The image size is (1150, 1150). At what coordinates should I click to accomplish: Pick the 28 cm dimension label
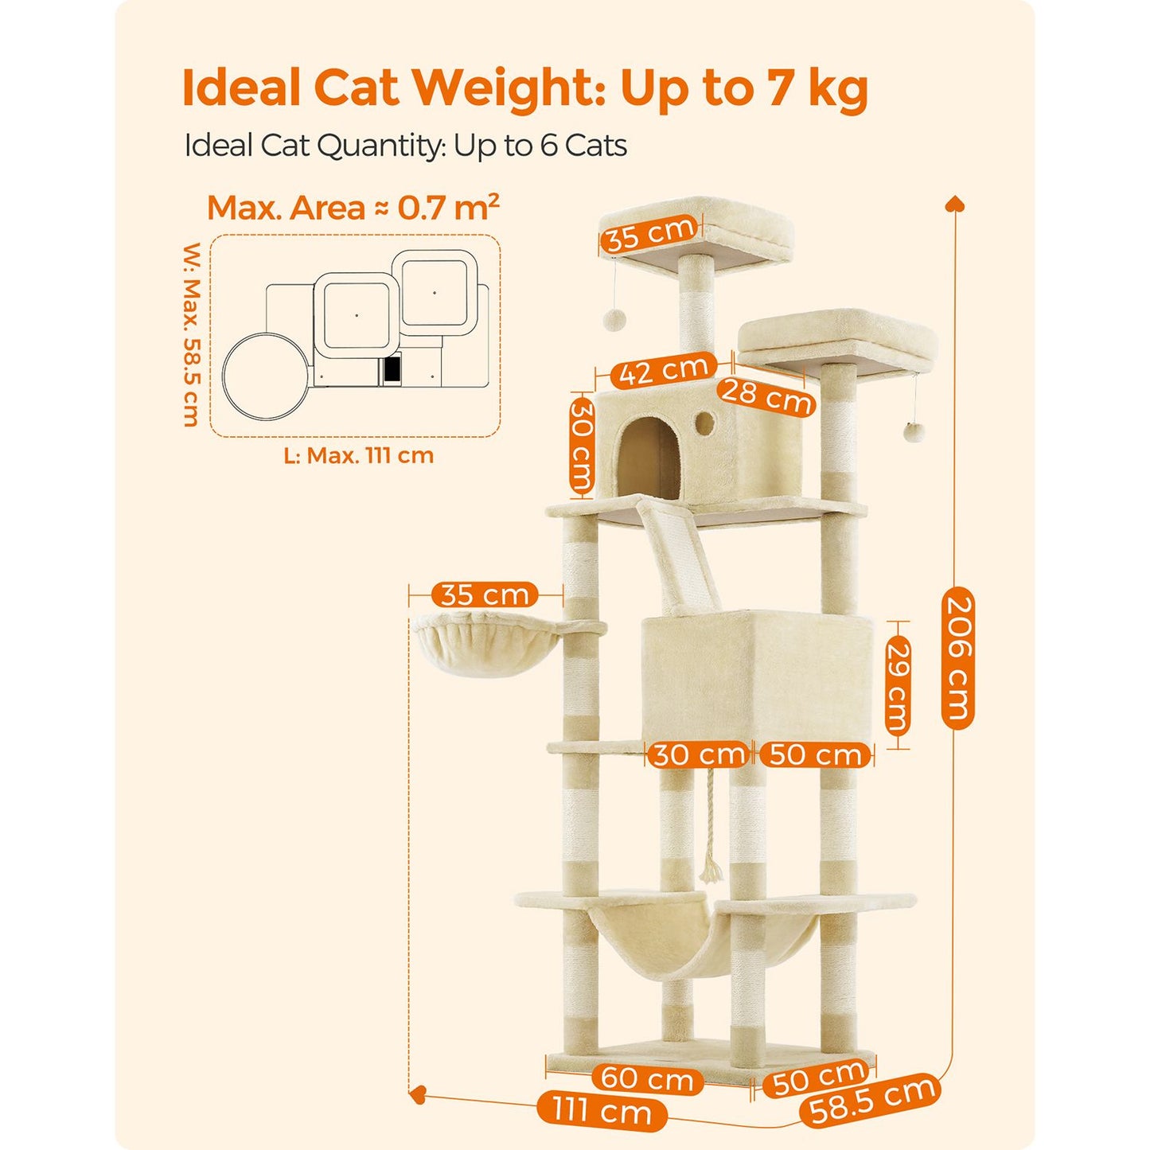pyautogui.click(x=766, y=395)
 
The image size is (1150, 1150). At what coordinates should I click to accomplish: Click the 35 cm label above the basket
pyautogui.click(x=485, y=594)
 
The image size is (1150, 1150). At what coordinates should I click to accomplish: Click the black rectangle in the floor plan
pyautogui.click(x=392, y=370)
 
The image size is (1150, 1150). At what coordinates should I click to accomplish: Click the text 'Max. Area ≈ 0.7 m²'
pyautogui.click(x=353, y=207)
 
